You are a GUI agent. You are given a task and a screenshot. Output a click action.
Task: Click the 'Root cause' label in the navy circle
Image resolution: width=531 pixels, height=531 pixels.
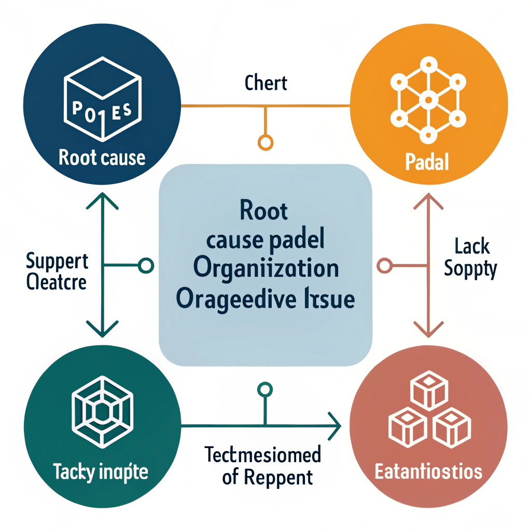click(102, 158)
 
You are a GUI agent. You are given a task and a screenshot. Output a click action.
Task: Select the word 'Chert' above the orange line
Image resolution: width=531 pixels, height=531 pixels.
click(265, 83)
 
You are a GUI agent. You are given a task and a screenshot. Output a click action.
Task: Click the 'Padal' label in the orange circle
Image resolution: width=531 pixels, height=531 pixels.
click(426, 163)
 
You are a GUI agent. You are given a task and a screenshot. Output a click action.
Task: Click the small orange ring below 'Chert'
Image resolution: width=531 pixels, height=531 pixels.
click(265, 142)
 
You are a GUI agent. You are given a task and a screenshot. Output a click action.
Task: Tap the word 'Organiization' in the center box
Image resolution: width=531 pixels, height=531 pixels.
click(265, 269)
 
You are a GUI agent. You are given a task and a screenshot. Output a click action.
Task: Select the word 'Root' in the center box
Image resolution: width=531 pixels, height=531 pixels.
click(264, 212)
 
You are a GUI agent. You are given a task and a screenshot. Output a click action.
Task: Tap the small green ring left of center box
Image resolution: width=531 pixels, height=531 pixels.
click(147, 266)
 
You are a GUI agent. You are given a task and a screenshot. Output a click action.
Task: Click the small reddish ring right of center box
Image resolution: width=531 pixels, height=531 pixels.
click(384, 266)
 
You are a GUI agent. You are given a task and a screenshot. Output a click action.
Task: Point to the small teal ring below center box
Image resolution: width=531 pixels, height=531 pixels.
click(265, 389)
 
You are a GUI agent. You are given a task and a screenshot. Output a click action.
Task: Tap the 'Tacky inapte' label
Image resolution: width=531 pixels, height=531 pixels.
click(101, 472)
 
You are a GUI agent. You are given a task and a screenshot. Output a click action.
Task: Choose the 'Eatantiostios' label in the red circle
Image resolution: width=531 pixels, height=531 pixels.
click(428, 471)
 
